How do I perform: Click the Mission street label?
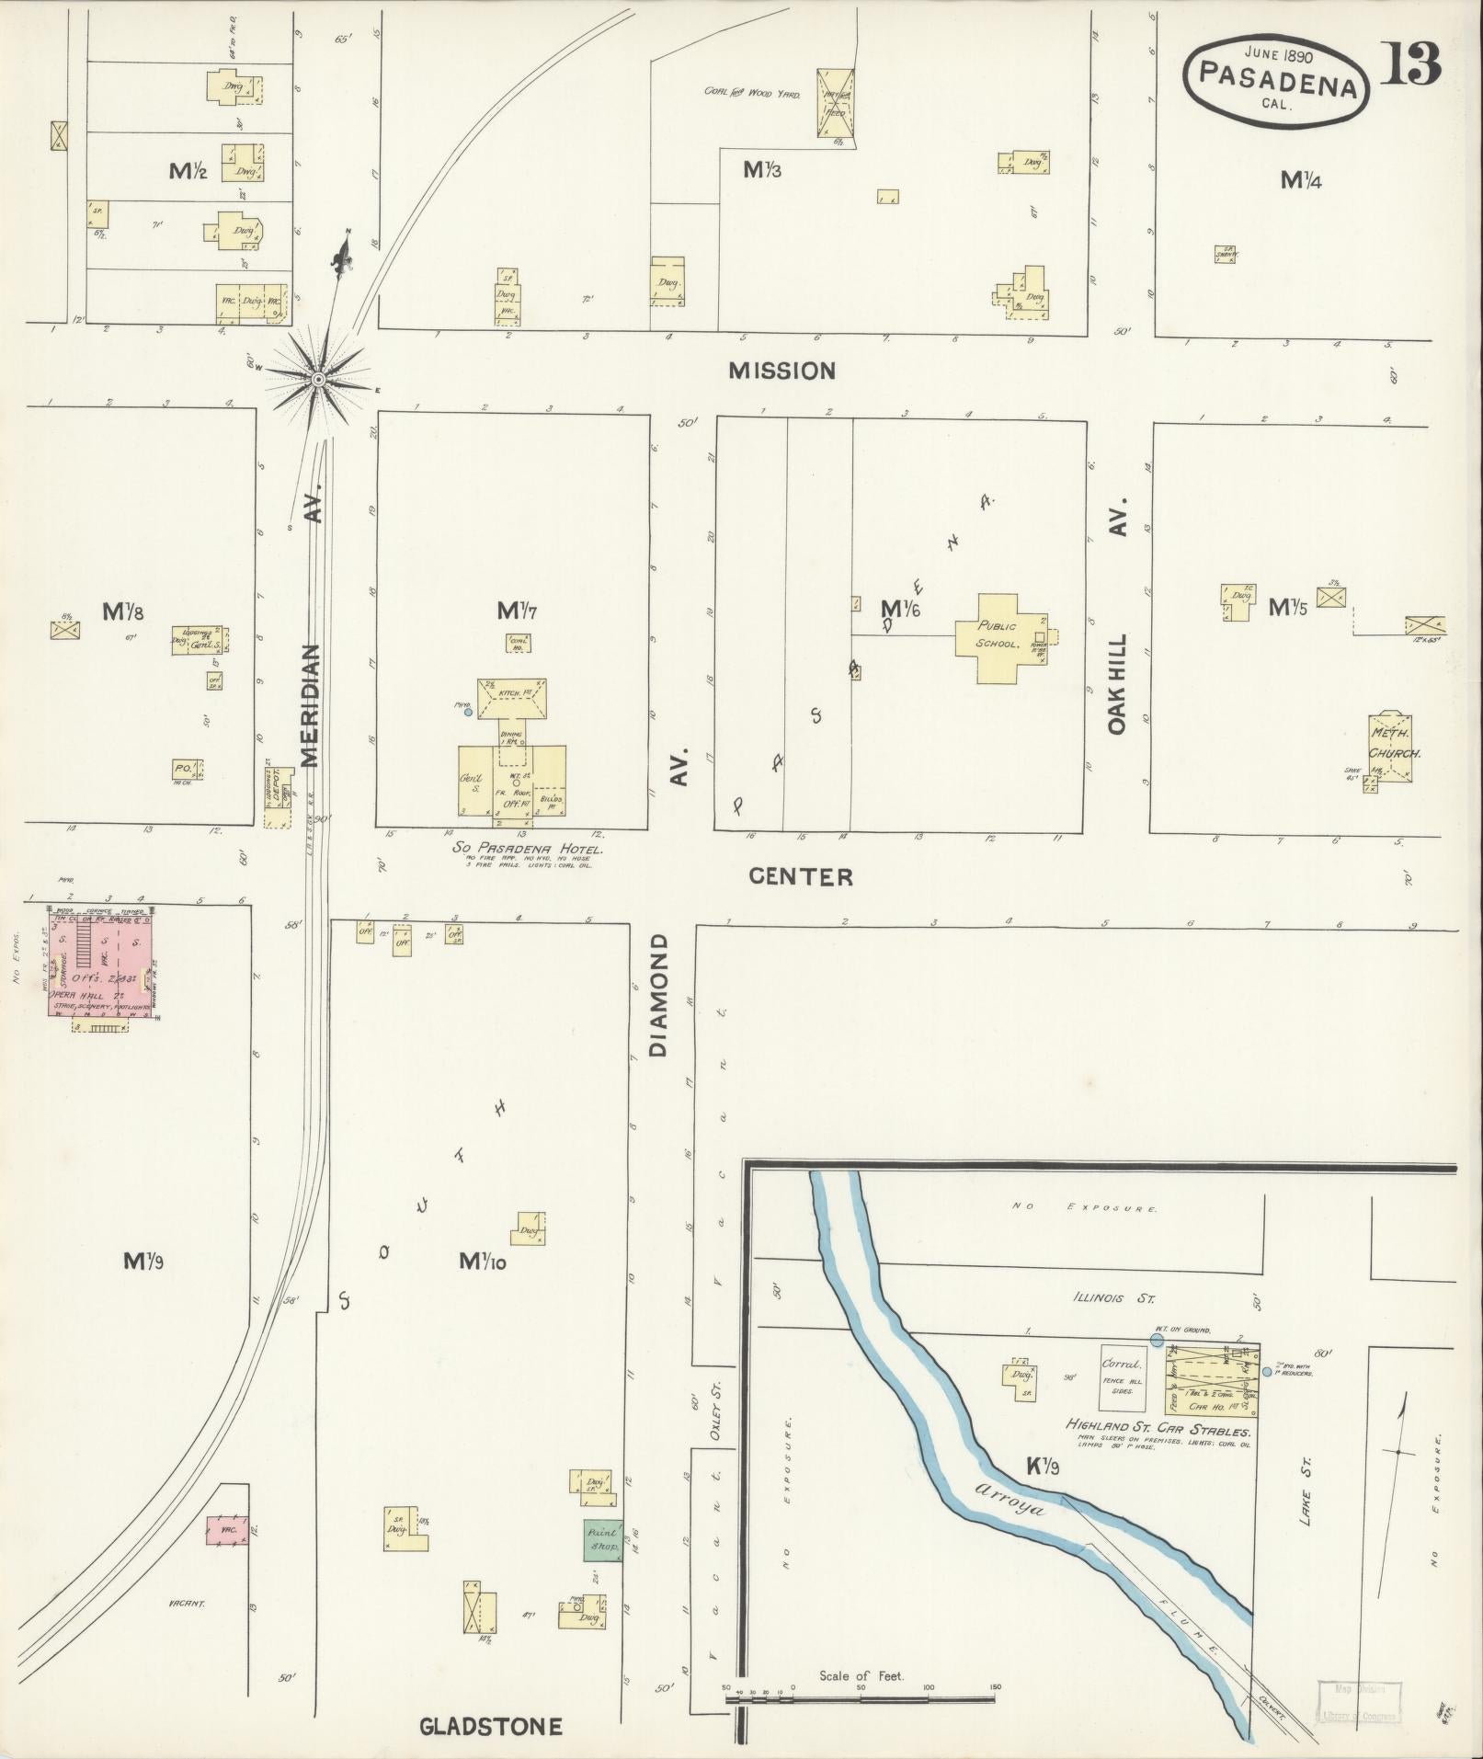coord(781,371)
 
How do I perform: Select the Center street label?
coord(800,876)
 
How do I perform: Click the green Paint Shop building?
coord(603,1539)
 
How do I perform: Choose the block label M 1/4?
coord(1301,181)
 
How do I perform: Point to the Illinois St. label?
coord(1112,1298)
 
